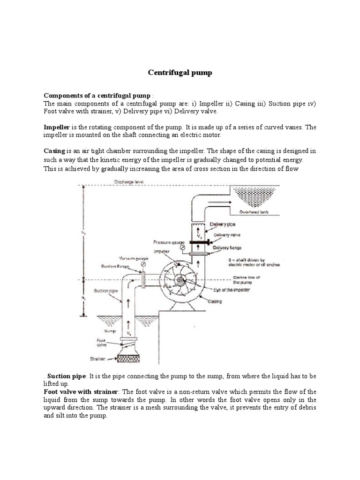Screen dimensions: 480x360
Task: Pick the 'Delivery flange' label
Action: [x=227, y=247]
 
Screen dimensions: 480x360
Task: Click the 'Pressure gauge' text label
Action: [x=166, y=242]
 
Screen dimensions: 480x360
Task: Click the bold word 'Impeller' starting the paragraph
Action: [x=56, y=127]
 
